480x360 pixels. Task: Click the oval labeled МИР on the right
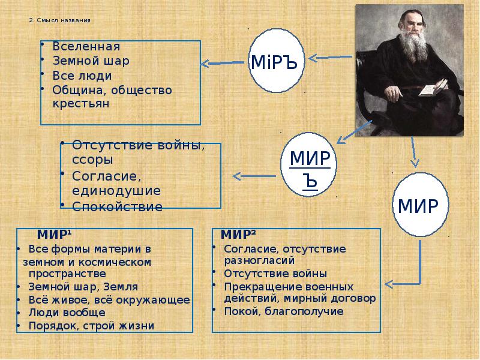[422, 205]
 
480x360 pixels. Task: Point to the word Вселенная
[86, 47]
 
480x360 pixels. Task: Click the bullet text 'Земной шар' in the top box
[91, 61]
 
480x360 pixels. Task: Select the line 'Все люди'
[82, 76]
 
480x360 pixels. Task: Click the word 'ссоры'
[92, 160]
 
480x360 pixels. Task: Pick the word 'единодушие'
[116, 191]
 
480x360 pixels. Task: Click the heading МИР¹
[55, 234]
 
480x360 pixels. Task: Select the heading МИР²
[239, 234]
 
